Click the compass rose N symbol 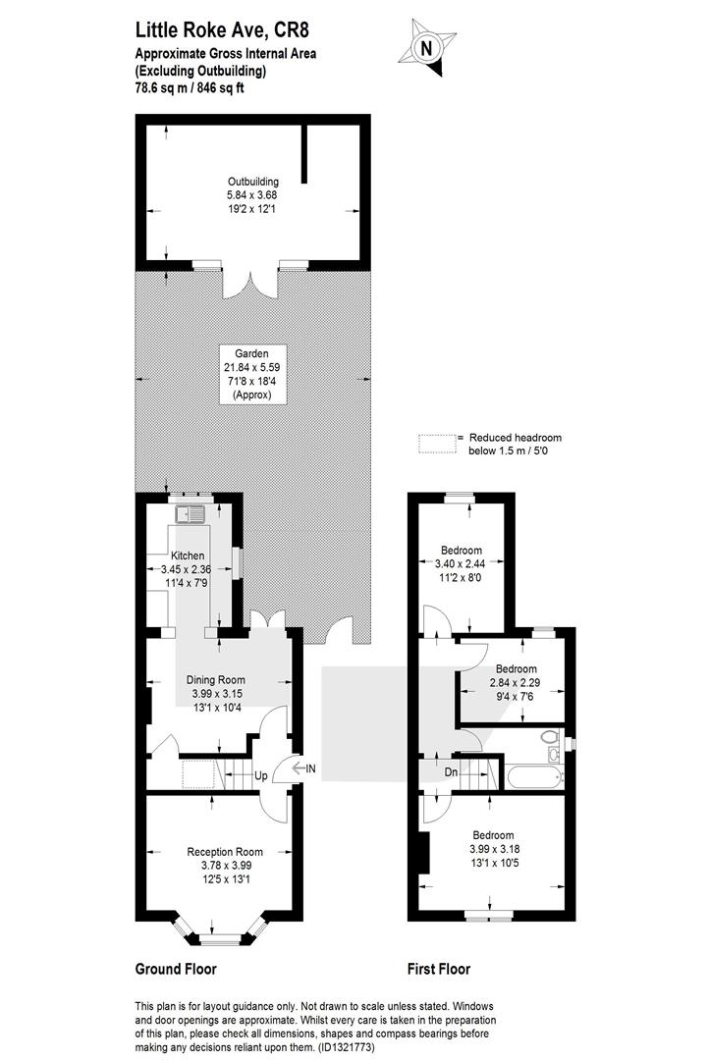pos(426,48)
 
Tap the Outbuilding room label pos(252,182)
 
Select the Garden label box pos(252,375)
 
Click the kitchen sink pos(191,514)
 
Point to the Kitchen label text pos(188,556)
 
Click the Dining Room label pos(216,680)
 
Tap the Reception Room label pos(225,852)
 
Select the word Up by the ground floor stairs pos(260,774)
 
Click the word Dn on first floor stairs pos(451,772)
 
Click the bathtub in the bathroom pos(535,776)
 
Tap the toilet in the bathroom pos(553,736)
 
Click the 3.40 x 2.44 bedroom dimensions pos(462,563)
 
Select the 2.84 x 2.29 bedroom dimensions pos(516,683)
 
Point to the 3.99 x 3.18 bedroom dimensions pos(494,849)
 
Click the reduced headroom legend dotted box pos(437,444)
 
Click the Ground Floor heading pos(176,970)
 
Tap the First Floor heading pos(439,970)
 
